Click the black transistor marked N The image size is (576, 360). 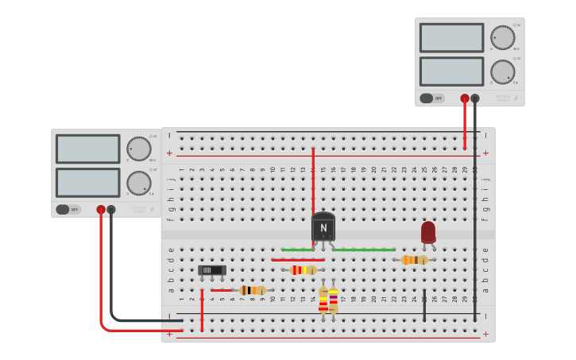(x=323, y=227)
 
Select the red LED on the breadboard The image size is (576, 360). (x=428, y=232)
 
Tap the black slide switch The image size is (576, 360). (x=212, y=270)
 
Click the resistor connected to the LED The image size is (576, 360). (x=414, y=260)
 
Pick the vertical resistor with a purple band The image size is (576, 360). (x=333, y=300)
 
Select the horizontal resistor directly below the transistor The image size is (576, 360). (x=303, y=270)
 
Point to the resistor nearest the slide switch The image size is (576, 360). (x=252, y=290)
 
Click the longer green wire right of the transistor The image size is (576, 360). (x=364, y=250)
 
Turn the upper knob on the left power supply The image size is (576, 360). (x=139, y=149)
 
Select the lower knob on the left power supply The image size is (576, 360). (x=139, y=184)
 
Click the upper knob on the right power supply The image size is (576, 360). (x=503, y=37)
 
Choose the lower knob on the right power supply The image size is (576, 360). (x=503, y=72)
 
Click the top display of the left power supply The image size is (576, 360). (x=88, y=149)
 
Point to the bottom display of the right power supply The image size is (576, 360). (x=451, y=72)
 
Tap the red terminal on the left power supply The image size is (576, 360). (x=101, y=210)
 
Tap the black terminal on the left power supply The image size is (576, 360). (x=111, y=210)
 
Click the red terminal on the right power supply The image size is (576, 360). (x=465, y=99)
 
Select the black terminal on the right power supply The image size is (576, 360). (x=475, y=99)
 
